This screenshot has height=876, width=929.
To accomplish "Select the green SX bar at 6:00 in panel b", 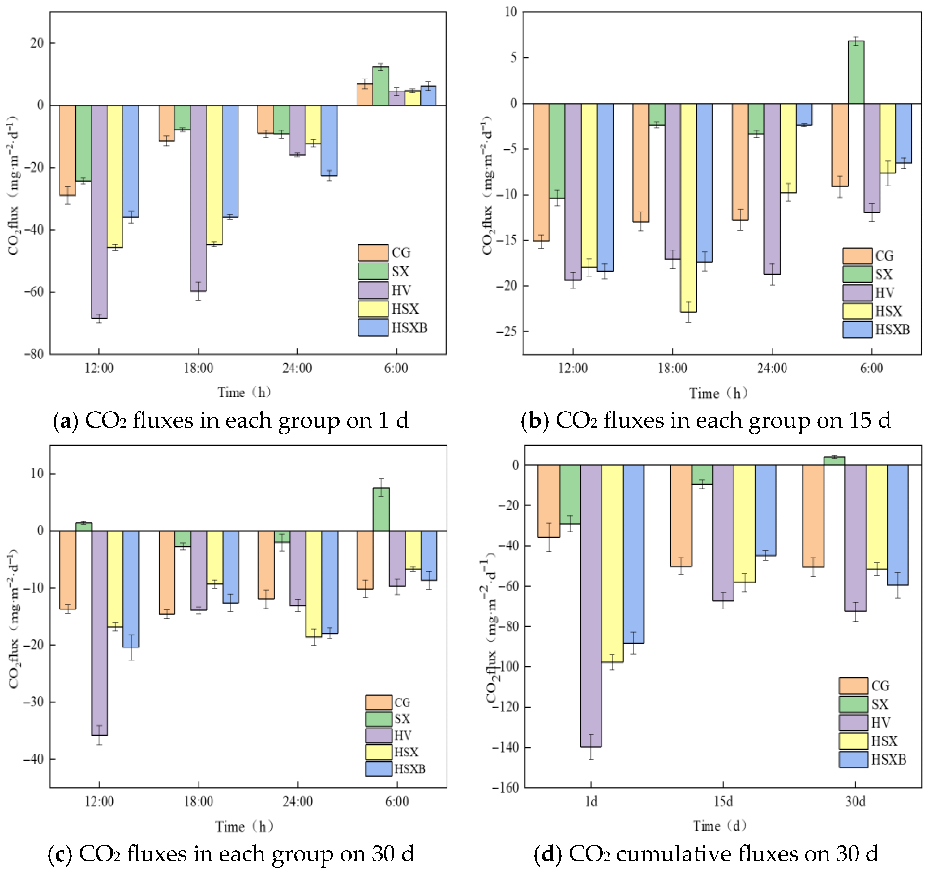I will (x=856, y=72).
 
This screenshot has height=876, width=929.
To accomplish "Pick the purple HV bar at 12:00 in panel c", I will (x=99, y=633).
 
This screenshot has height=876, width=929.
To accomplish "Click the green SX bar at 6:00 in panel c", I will (x=381, y=509).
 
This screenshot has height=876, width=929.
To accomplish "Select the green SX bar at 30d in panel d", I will (x=834, y=461).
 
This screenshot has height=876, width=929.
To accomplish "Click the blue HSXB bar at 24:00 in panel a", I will (x=329, y=140).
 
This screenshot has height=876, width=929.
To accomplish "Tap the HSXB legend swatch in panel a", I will (x=373, y=327).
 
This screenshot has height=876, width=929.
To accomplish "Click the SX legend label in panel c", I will (x=402, y=719).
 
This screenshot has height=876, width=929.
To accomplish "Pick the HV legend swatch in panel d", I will (x=853, y=723).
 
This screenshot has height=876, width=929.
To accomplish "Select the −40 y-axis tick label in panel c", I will (x=34, y=759).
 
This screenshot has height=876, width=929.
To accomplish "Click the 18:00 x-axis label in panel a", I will (x=198, y=369).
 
